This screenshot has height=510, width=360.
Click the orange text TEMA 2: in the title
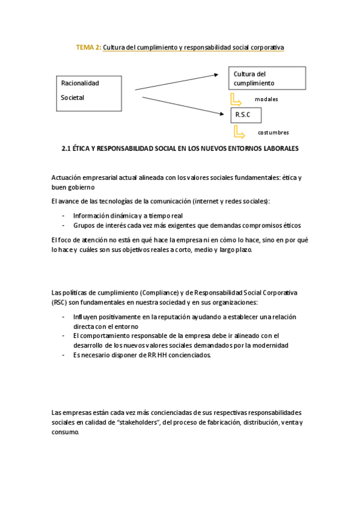(x=88, y=47)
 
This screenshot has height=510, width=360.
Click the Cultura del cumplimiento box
(x=266, y=78)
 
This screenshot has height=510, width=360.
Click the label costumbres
(x=273, y=132)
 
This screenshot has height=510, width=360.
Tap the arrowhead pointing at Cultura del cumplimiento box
(x=216, y=75)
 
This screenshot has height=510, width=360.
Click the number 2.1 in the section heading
(x=66, y=147)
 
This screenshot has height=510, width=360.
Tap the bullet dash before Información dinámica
(x=63, y=215)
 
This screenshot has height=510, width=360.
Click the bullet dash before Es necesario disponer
(x=63, y=355)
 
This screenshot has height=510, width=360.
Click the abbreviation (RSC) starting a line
(x=59, y=302)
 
